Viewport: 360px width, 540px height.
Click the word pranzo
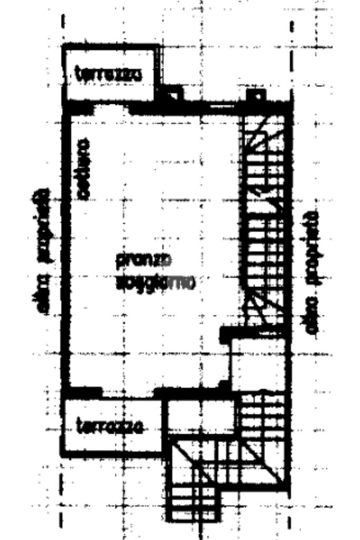click(143, 260)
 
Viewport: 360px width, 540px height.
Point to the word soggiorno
click(155, 283)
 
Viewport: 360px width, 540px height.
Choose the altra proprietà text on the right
click(313, 272)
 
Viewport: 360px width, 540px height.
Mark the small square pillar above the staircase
click(256, 95)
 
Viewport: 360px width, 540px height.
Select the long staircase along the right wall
click(264, 221)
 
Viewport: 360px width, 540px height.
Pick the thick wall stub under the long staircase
click(253, 333)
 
